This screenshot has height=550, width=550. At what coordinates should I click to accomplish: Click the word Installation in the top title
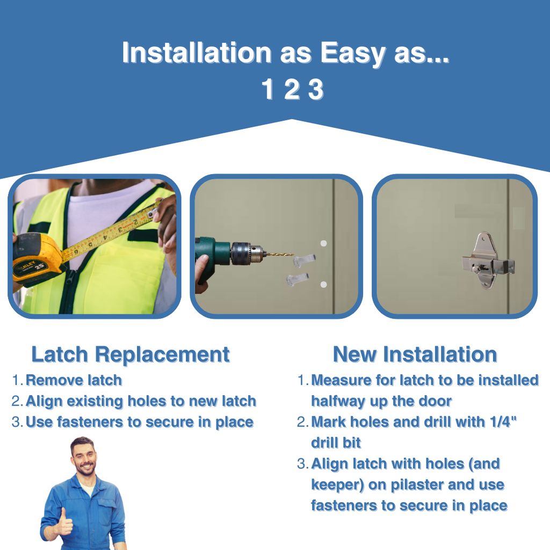[x=197, y=53]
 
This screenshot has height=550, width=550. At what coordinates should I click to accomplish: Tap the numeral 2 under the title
[x=292, y=90]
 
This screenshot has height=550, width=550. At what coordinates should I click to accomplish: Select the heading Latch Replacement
[x=131, y=354]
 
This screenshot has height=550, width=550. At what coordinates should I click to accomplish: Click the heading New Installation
[x=415, y=354]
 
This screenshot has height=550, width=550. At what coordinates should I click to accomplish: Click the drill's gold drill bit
[x=279, y=254]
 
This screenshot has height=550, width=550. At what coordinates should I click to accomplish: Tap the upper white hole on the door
[x=324, y=243]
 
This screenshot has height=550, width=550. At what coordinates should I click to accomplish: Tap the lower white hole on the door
[x=324, y=285]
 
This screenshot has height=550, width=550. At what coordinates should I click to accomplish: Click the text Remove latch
[x=74, y=380]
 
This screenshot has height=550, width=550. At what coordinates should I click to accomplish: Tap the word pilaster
[x=417, y=485]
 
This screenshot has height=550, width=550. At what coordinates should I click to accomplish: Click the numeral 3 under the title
[x=316, y=90]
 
